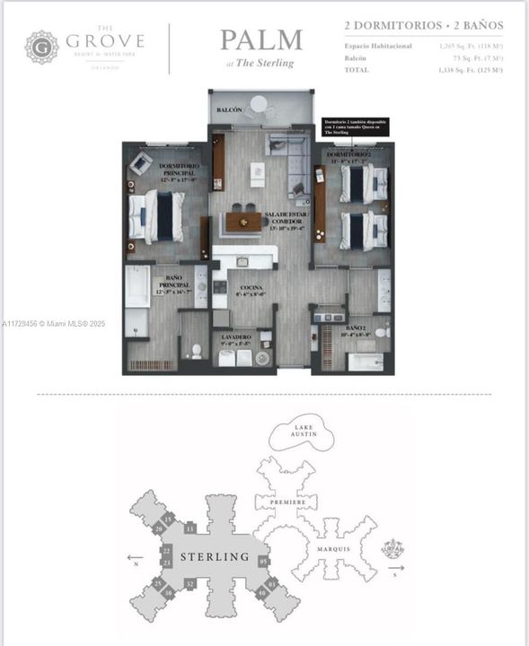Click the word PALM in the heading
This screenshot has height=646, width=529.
pyautogui.click(x=261, y=41)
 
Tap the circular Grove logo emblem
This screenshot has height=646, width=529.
pyautogui.click(x=41, y=47)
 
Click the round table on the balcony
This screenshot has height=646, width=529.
pyautogui.click(x=259, y=104)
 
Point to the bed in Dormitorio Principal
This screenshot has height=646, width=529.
pyautogui.click(x=156, y=217)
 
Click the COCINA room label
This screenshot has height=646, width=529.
pyautogui.click(x=251, y=287)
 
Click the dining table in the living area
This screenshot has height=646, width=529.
pyautogui.click(x=242, y=220)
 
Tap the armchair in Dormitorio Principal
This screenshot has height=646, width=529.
pyautogui.click(x=141, y=163)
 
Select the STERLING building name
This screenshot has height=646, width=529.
pyautogui.click(x=215, y=556)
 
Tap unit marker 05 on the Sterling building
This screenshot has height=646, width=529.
pyautogui.click(x=264, y=562)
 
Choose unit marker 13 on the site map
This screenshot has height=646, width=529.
pyautogui.click(x=190, y=528)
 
